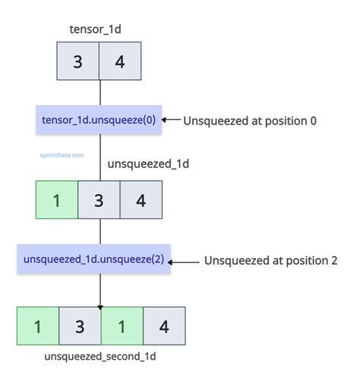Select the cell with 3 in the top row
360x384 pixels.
(x=78, y=61)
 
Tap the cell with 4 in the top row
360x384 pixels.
(x=120, y=61)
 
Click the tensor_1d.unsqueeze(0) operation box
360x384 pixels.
(x=99, y=119)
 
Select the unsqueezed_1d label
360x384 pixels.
(x=148, y=163)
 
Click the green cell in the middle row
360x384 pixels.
(x=56, y=200)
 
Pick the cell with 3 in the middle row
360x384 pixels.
(x=99, y=200)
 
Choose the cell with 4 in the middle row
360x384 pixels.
(x=141, y=200)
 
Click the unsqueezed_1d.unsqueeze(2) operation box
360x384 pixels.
(x=93, y=260)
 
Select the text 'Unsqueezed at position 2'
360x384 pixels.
(x=270, y=261)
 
